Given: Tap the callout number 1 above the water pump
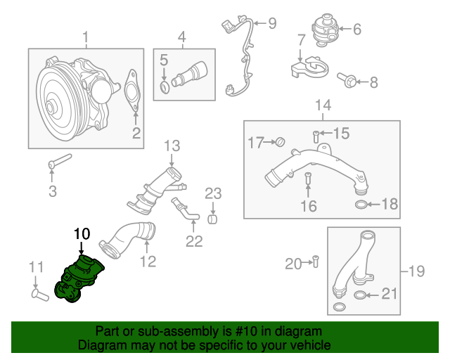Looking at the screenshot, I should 86,37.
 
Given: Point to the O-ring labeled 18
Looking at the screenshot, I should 359,205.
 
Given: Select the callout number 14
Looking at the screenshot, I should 322,106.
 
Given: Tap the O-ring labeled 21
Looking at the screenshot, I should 359,295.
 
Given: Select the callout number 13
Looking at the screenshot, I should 172,146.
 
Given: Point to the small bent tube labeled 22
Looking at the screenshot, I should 184,212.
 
